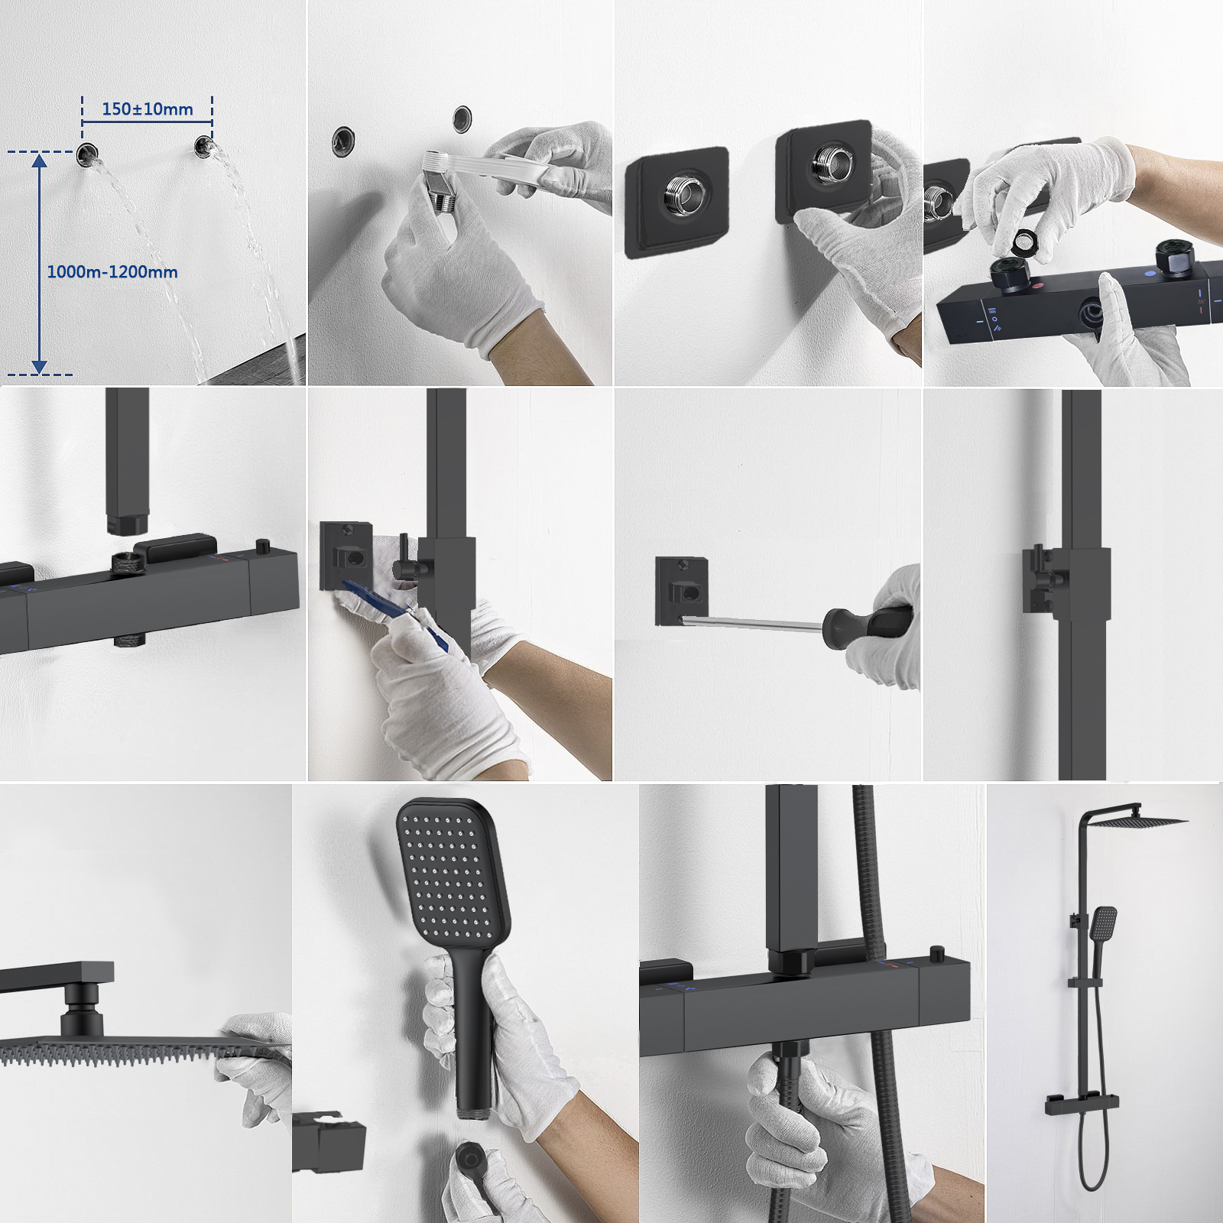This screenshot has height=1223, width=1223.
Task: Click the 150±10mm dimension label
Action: point(148,109)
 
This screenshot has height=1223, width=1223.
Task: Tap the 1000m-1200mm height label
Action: point(112,271)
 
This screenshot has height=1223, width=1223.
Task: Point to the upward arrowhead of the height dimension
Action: point(39,158)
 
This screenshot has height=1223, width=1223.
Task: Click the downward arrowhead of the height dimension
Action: point(39,368)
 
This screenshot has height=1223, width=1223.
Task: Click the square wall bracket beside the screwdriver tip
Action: point(682,592)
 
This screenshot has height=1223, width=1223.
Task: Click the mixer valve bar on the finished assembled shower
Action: point(1082,1104)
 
